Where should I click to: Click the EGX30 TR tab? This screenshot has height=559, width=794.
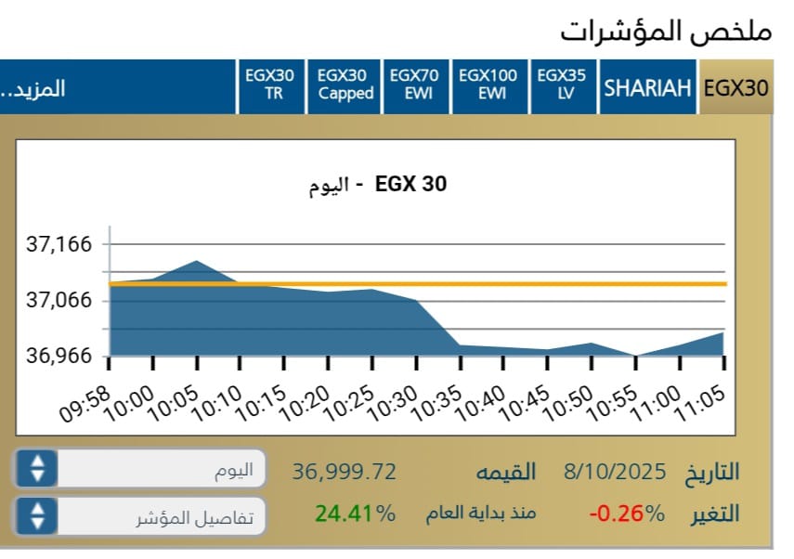(269, 85)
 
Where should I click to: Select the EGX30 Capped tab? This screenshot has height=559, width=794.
(345, 85)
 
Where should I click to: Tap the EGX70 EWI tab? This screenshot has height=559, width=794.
(416, 85)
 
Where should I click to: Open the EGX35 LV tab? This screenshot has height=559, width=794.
(563, 85)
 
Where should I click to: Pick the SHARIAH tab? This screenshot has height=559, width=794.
(648, 88)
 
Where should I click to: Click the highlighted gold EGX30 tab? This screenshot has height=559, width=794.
(736, 88)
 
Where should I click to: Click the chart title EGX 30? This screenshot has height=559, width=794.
(410, 184)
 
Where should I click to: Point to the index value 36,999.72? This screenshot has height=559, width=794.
(345, 472)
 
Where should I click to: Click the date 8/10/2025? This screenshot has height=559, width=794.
(615, 471)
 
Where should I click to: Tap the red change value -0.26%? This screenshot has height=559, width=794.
(627, 513)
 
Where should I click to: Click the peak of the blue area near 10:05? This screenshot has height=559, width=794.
(197, 262)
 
